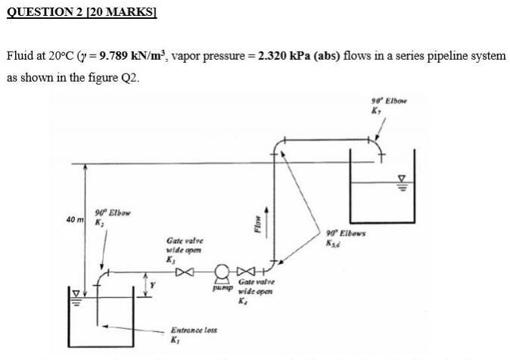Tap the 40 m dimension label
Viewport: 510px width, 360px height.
click(x=75, y=219)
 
